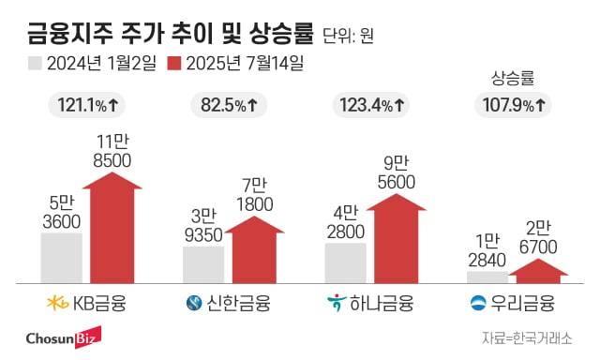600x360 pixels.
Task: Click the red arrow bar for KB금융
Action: point(110,230)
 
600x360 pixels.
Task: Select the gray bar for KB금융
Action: point(61,257)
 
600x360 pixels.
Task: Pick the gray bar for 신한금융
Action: point(202,263)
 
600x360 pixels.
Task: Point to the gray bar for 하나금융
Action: point(345,262)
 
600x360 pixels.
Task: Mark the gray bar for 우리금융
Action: point(487,276)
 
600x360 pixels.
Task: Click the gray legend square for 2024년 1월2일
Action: point(35,64)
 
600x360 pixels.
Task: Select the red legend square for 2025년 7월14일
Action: point(174,64)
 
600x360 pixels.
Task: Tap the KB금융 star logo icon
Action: point(58,303)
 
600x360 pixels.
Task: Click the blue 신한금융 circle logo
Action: point(194,303)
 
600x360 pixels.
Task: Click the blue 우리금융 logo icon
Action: point(478,303)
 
